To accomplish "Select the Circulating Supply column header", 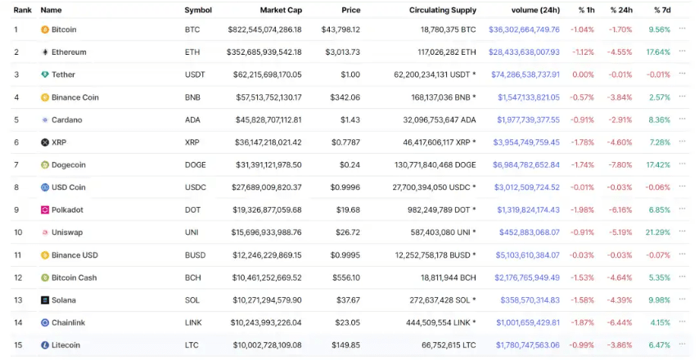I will (x=442, y=10).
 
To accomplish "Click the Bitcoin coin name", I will (x=64, y=29).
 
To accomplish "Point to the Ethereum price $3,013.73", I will (x=343, y=52).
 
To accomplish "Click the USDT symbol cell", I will (x=196, y=74).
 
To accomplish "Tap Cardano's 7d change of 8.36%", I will (x=660, y=120).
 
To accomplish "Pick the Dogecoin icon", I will (x=45, y=165).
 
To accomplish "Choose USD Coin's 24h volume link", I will (x=527, y=187).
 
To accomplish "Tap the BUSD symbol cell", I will (x=196, y=255).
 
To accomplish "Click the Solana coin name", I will (x=64, y=300).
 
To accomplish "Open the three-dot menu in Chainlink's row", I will (x=683, y=322).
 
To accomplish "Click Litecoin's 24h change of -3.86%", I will (x=621, y=345).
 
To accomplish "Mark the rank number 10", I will (x=18, y=232).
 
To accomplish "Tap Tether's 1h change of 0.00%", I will (x=584, y=74).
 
